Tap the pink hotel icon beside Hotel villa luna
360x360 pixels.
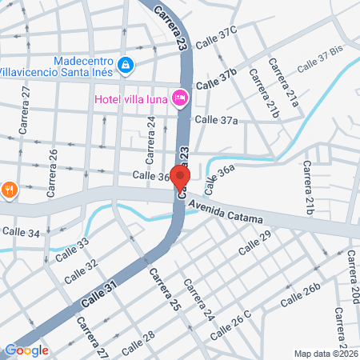tap(181, 98)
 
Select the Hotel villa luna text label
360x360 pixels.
tap(131, 98)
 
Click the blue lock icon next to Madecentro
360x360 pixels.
tap(125, 64)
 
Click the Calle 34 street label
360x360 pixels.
tap(21, 232)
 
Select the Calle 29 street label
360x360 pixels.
tap(255, 243)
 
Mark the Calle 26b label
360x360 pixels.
tap(303, 295)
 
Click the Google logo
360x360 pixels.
tap(26, 350)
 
